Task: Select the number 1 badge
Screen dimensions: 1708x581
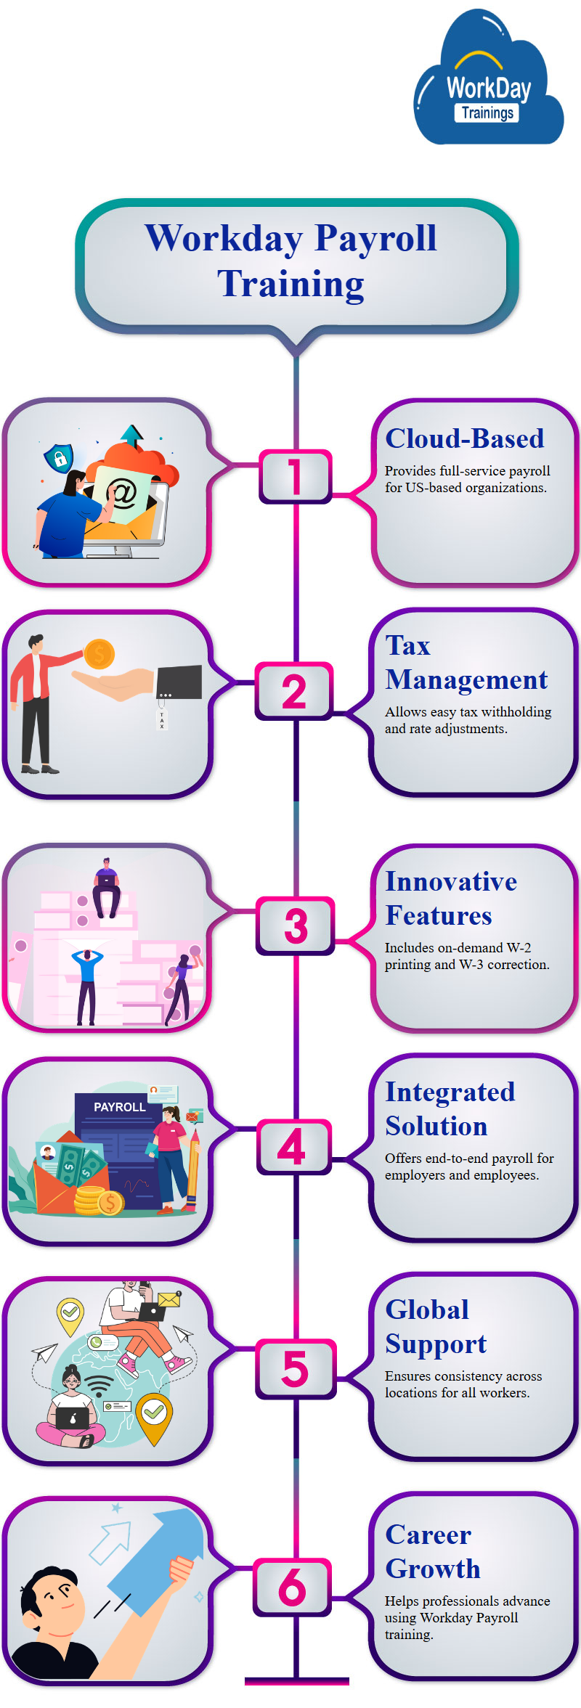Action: [x=295, y=476]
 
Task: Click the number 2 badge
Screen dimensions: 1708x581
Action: [x=294, y=691]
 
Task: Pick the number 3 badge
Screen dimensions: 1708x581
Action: [x=296, y=925]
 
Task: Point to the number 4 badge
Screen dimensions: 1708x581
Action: [x=293, y=1146]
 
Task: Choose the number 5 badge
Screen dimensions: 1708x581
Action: [x=295, y=1368]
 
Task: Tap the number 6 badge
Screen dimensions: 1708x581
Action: [x=293, y=1588]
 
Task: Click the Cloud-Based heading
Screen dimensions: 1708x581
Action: [x=464, y=438]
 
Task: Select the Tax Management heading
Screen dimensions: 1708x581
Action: [x=466, y=662]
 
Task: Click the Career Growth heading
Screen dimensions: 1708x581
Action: [x=432, y=1551]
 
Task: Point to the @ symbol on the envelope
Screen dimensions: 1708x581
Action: [x=123, y=494]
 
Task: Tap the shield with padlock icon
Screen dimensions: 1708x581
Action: [x=58, y=457]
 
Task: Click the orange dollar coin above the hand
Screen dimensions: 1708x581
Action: [x=99, y=654]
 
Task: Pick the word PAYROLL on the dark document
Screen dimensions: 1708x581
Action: [x=119, y=1107]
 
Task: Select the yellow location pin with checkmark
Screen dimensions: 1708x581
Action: [x=70, y=1314]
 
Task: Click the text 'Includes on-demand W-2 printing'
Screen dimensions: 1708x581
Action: [x=458, y=948]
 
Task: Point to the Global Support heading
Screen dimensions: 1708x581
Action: [x=436, y=1326]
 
